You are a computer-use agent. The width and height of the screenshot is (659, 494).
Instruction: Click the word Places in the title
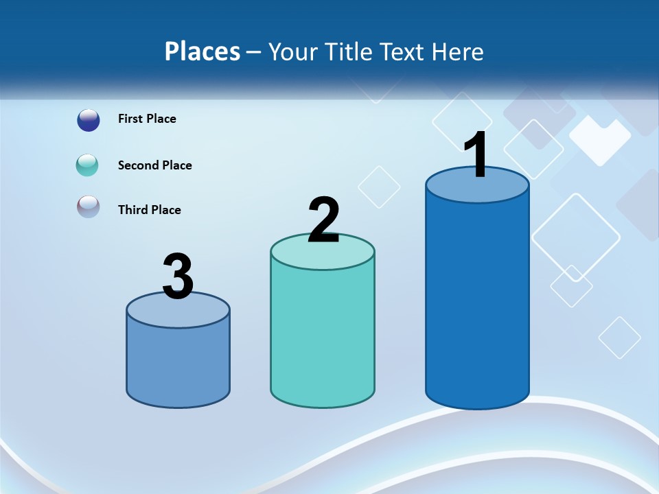[203, 51]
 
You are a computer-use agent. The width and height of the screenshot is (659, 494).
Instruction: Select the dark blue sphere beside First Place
[88, 120]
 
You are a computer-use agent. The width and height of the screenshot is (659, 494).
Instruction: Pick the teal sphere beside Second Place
[88, 165]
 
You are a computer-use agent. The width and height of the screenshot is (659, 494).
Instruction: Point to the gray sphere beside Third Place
[88, 207]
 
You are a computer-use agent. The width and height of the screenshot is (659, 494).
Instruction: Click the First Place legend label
[147, 119]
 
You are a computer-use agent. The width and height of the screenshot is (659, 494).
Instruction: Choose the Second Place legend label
[155, 165]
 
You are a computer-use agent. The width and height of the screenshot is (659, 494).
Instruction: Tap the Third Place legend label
[150, 210]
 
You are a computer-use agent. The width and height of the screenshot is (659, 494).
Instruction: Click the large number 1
[476, 155]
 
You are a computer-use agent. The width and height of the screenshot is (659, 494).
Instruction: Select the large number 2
[323, 220]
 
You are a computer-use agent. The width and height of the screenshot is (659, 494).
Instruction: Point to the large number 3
[178, 277]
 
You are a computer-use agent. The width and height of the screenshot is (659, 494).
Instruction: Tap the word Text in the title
[407, 51]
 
